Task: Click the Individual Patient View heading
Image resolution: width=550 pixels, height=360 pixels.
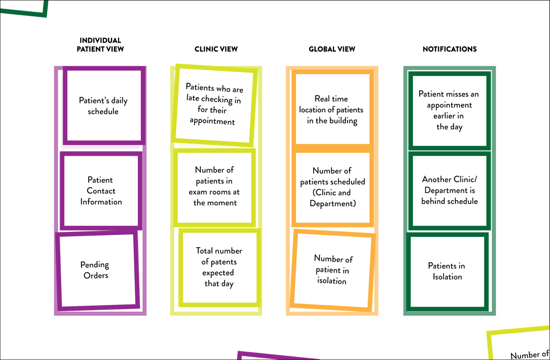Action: [x=100, y=45]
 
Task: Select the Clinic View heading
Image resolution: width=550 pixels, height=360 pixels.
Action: [x=216, y=49]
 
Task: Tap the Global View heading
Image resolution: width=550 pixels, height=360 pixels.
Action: [x=332, y=49]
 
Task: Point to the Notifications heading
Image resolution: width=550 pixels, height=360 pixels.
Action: [x=450, y=49]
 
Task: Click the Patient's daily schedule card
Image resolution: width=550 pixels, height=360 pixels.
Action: [x=104, y=105]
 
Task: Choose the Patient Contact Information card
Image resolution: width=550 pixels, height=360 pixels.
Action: [x=101, y=191]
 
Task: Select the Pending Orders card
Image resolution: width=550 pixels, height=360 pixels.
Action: [x=97, y=270]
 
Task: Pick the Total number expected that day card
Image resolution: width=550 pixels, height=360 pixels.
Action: [x=220, y=267]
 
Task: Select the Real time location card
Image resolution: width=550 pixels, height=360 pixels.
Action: [x=332, y=109]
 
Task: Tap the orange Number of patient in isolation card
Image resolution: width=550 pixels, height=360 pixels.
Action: [x=332, y=270]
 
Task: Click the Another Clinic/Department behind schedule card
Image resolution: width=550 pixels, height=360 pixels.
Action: [x=450, y=191]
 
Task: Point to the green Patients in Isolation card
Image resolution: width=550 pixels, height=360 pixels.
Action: [x=447, y=271]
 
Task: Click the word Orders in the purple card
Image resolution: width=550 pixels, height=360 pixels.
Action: [x=96, y=276]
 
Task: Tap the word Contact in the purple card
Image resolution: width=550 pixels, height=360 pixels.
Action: [x=101, y=191]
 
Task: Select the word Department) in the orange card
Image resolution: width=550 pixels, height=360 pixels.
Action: [x=332, y=204]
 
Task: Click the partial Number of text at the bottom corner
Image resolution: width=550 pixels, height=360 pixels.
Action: [x=530, y=354]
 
